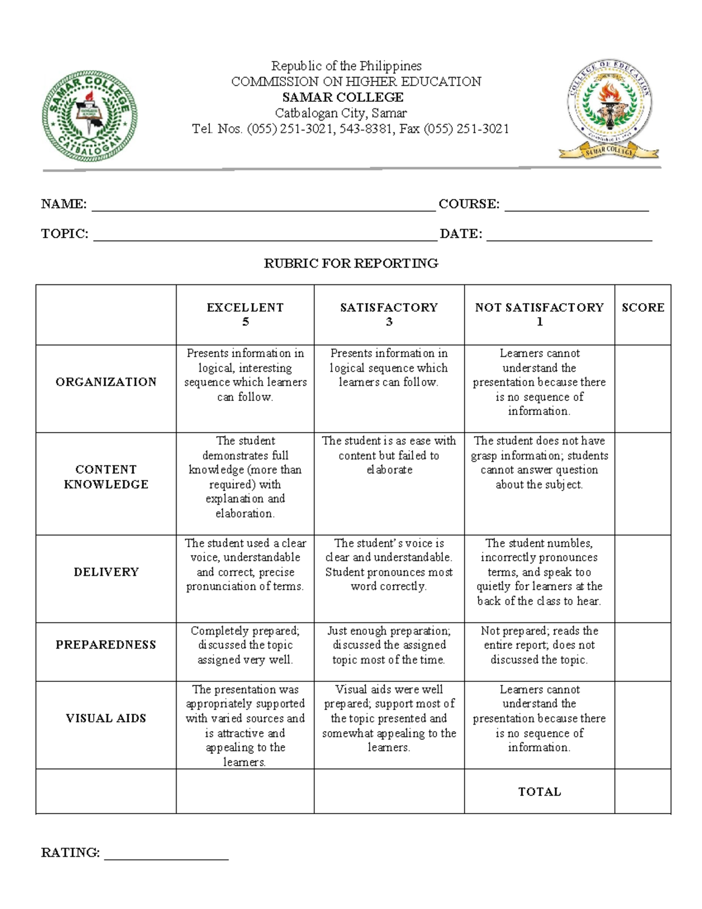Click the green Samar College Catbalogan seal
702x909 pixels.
pyautogui.click(x=90, y=117)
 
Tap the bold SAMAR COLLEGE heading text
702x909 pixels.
pyautogui.click(x=343, y=97)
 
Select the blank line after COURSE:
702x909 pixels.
pyautogui.click(x=576, y=206)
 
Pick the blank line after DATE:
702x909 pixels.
pyautogui.click(x=569, y=236)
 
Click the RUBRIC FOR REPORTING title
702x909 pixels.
pyautogui.click(x=351, y=263)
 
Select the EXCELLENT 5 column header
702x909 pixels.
pyautogui.click(x=245, y=314)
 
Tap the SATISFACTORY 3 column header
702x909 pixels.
pyautogui.click(x=389, y=314)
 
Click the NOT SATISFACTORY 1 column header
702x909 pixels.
pyautogui.click(x=539, y=314)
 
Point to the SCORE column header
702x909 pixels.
pyautogui.click(x=643, y=308)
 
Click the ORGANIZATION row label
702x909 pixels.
pyautogui.click(x=106, y=382)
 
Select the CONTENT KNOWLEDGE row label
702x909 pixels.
pyautogui.click(x=106, y=477)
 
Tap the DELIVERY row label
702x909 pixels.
pyautogui.click(x=106, y=572)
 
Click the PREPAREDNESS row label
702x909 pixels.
pyautogui.click(x=106, y=645)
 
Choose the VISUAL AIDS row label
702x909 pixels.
pyautogui.click(x=106, y=719)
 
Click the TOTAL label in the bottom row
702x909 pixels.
pyautogui.click(x=539, y=792)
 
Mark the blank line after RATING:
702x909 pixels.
pyautogui.click(x=166, y=855)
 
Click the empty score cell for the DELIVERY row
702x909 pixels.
pyautogui.click(x=642, y=578)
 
